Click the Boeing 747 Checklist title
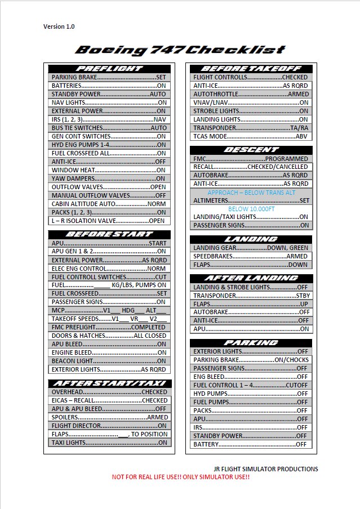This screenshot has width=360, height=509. (x=180, y=50)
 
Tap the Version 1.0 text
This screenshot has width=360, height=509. (x=59, y=26)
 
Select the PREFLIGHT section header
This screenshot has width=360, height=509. (x=109, y=68)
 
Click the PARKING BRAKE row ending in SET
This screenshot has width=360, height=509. (x=109, y=77)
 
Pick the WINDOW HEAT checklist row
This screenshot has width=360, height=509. (x=109, y=170)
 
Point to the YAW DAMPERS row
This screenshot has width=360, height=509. (x=109, y=178)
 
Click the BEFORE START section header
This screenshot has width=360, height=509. (x=109, y=234)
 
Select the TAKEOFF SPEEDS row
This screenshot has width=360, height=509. (x=109, y=319)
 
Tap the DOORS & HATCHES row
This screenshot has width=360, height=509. (x=109, y=336)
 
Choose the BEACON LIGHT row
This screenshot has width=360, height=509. (x=109, y=361)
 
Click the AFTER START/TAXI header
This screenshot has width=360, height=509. (x=109, y=383)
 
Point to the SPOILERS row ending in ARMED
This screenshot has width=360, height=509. (x=109, y=417)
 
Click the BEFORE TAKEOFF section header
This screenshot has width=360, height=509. (x=251, y=68)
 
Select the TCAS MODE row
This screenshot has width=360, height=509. (x=251, y=136)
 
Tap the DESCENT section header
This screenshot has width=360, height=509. (x=251, y=150)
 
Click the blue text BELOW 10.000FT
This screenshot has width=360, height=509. (x=251, y=208)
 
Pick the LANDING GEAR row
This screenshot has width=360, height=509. (x=251, y=248)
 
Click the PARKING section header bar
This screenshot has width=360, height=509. (x=251, y=342)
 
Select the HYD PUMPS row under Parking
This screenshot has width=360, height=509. (x=251, y=394)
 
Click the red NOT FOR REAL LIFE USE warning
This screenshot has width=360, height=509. (x=180, y=477)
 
